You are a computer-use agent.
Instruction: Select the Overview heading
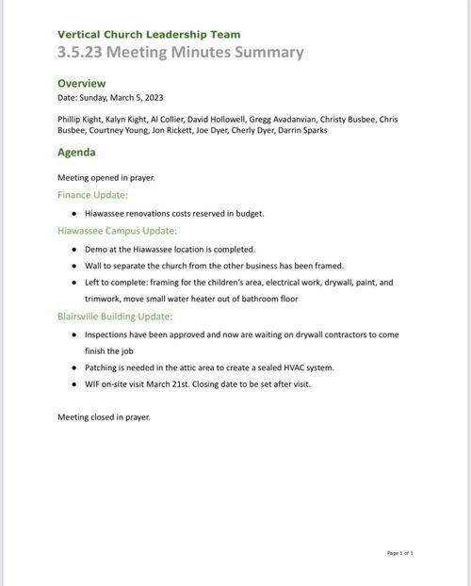tap(82, 83)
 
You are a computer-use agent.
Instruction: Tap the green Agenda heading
tap(76, 152)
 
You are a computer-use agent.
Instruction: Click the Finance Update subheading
tap(92, 195)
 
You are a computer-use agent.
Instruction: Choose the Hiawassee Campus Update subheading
tap(117, 231)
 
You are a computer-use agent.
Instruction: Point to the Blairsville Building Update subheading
tap(115, 317)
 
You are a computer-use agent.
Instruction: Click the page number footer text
tap(399, 553)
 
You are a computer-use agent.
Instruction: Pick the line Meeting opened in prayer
tap(106, 177)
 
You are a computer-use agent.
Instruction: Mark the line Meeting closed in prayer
tap(104, 416)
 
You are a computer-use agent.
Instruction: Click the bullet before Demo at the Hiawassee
tap(74, 250)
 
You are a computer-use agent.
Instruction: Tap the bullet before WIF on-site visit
tap(74, 384)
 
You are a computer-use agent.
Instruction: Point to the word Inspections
tap(108, 334)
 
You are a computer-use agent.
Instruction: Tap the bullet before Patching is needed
tap(74, 367)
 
